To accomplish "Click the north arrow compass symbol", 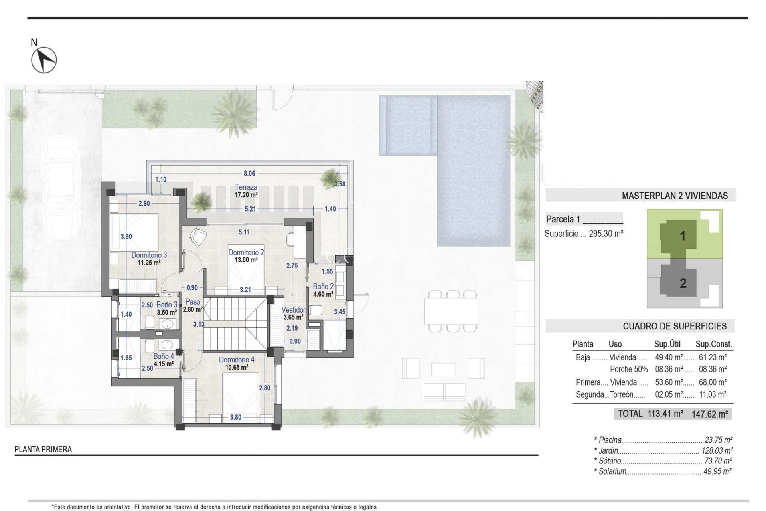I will click(x=44, y=60).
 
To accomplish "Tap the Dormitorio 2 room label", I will click(x=246, y=252).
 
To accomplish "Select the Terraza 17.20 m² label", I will click(x=246, y=191).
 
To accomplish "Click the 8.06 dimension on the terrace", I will click(x=249, y=173).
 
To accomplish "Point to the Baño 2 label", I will click(x=323, y=286).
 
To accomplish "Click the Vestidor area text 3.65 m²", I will click(x=293, y=317).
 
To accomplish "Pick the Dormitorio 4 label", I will click(x=236, y=360).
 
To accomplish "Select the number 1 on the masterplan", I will click(x=682, y=236).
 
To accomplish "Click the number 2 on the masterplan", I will click(x=683, y=283).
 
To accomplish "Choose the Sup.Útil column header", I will click(x=667, y=344).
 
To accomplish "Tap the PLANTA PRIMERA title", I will click(x=43, y=449).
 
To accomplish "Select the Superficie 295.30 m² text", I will click(x=584, y=234).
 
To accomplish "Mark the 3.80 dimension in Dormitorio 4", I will click(x=235, y=417).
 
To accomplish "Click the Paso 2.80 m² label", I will click(x=193, y=305).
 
